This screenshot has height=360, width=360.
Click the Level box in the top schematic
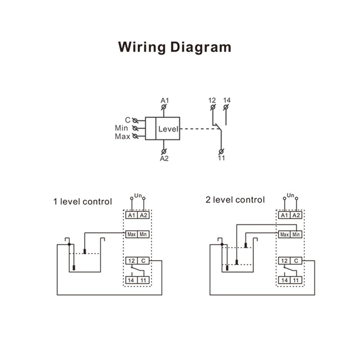[x=168, y=129]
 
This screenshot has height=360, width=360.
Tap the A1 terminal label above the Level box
[x=164, y=99]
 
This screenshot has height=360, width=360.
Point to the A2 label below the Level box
[x=164, y=158]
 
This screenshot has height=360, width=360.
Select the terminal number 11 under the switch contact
[x=221, y=158]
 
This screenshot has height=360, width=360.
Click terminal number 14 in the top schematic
[x=226, y=99]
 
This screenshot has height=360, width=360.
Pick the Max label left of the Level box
[x=122, y=136]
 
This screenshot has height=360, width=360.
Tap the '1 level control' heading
[x=82, y=202]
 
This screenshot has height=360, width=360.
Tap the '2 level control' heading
[x=235, y=200]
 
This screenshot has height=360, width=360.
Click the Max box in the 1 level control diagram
[x=131, y=234]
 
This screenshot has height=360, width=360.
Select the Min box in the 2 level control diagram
[x=296, y=234]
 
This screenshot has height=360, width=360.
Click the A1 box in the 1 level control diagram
[x=131, y=216]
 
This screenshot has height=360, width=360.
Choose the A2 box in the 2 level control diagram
[x=296, y=216]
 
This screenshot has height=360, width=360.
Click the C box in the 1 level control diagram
[x=143, y=261]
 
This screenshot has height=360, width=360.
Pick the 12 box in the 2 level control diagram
[x=284, y=261]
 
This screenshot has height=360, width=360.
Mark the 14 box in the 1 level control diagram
[x=131, y=280]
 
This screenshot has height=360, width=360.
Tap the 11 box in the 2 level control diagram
[x=296, y=280]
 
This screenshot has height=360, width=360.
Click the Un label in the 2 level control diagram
[x=290, y=195]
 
